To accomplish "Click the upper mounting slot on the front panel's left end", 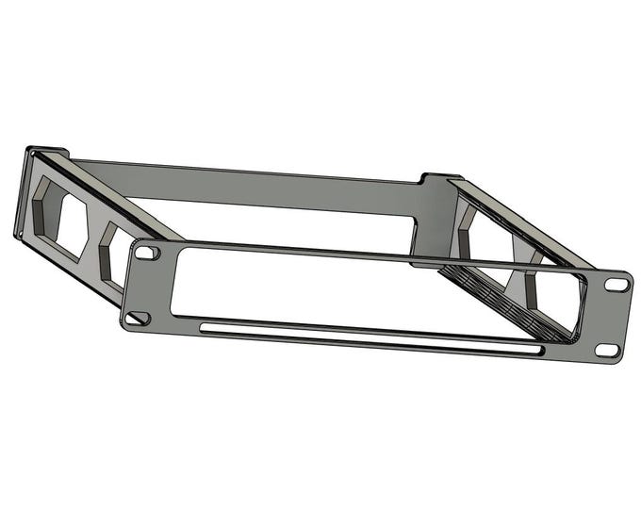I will pyautogui.click(x=147, y=253).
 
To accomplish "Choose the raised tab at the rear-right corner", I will pyautogui.click(x=439, y=177).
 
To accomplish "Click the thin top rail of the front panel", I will pyautogui.click(x=377, y=256).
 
